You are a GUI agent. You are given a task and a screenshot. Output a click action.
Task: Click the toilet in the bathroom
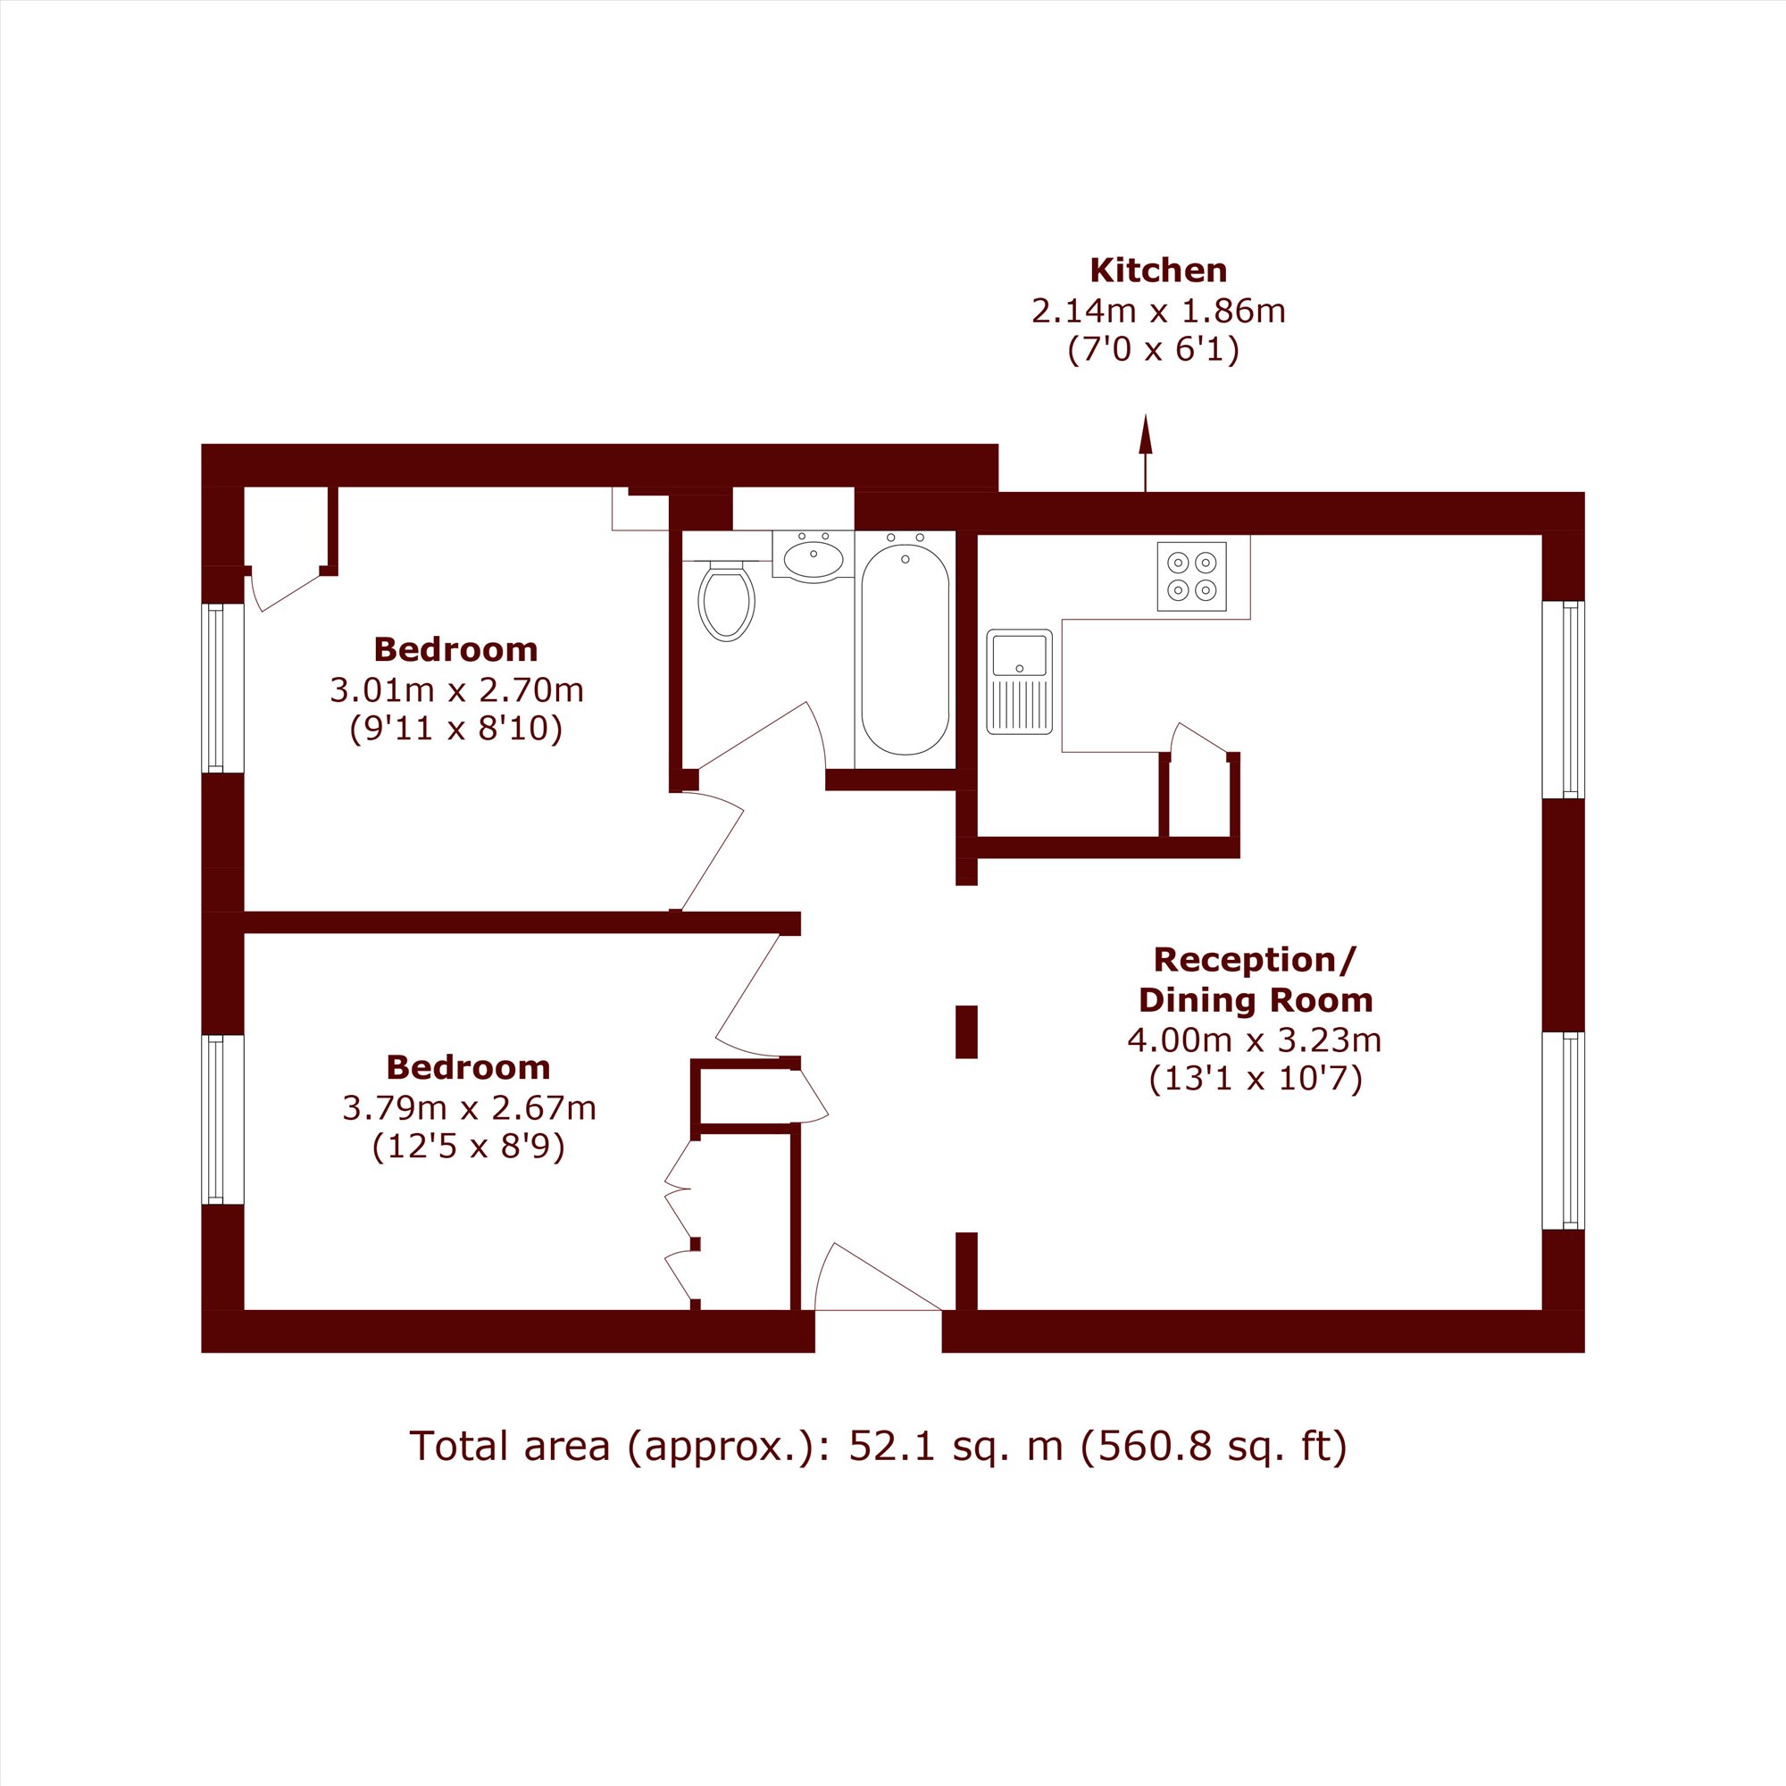727,602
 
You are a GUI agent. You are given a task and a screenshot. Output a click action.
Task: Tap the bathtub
905,649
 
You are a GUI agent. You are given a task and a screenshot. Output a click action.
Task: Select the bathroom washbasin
814,557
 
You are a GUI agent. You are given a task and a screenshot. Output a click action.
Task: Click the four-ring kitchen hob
1191,576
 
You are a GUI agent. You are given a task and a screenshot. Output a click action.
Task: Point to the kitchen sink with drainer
1020,681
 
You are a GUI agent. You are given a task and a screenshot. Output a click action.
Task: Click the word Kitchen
1158,271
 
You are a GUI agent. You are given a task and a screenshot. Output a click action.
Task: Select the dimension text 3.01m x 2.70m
456,689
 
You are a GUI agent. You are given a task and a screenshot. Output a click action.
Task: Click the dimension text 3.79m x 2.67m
470,1107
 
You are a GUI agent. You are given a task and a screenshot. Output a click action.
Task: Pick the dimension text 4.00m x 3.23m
1255,1040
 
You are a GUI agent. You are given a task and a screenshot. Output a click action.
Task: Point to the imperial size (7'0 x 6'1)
1154,350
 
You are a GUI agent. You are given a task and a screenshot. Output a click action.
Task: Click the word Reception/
1255,960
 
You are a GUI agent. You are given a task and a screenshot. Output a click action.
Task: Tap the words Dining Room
1256,1000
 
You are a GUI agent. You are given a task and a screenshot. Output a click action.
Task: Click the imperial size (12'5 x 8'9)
469,1148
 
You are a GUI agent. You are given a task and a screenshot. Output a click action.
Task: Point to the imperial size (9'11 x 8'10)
456,730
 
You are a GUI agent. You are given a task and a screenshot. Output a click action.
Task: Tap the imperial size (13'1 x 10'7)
1256,1080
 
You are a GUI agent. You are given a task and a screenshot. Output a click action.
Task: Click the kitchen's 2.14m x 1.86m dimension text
1158,312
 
